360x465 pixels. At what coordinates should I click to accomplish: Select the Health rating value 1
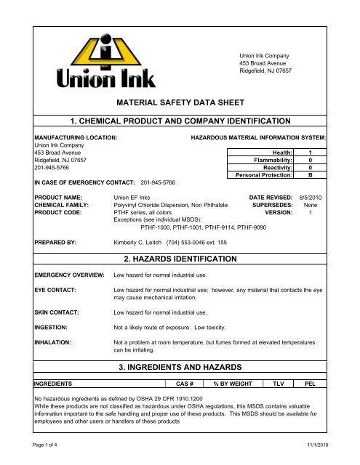point(311,151)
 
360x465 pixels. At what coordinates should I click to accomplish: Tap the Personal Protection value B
point(311,175)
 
